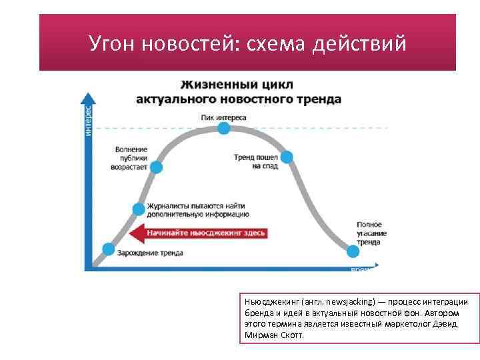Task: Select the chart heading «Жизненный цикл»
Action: point(237,85)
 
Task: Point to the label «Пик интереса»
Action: point(223,117)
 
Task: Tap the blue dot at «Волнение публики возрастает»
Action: point(156,167)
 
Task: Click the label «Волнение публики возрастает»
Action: point(131,159)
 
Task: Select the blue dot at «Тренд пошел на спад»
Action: point(287,157)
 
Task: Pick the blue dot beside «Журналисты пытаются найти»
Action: point(139,209)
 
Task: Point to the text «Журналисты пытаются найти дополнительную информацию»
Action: point(198,211)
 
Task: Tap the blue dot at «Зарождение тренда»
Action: point(107,249)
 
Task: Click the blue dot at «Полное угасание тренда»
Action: point(353,251)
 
